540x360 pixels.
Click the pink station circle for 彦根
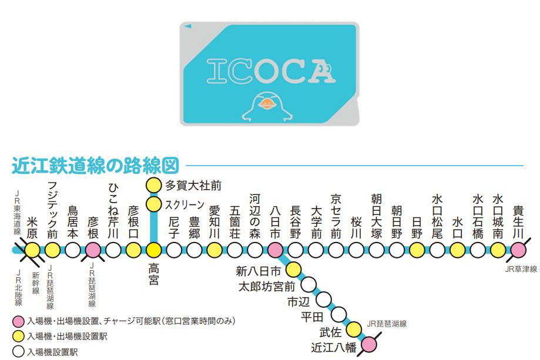tap(93, 250)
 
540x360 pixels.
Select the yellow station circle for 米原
tap(32, 250)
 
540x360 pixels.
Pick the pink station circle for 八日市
tap(275, 250)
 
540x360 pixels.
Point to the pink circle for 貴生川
tap(518, 250)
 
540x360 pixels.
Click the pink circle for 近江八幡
tap(368, 344)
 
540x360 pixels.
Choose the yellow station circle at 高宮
tap(153, 250)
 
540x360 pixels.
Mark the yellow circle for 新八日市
tap(292, 270)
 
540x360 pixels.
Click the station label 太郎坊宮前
tap(265, 287)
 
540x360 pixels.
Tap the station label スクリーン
tap(185, 205)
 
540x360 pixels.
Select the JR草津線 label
tap(521, 269)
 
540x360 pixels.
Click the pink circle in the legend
tap(18, 321)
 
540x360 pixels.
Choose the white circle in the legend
tap(18, 352)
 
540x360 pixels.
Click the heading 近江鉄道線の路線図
tap(95, 166)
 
